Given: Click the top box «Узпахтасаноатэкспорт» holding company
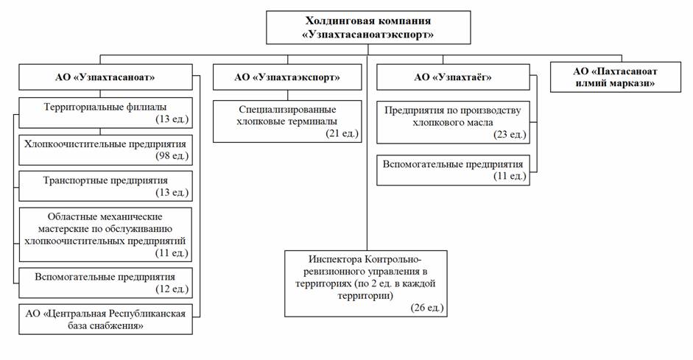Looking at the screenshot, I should [x=367, y=27].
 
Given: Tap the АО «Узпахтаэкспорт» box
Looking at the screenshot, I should [x=287, y=77].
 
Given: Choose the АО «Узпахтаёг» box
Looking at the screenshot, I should [x=452, y=77].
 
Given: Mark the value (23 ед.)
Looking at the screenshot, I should [x=508, y=135].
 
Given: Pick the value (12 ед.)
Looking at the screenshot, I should [x=174, y=289].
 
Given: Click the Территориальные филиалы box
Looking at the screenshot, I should [x=106, y=111].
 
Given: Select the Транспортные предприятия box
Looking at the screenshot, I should [x=106, y=186].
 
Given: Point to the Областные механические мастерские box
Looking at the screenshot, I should [x=106, y=234].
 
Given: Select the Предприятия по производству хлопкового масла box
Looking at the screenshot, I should [x=453, y=121].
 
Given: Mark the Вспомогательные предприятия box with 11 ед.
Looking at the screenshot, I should [x=453, y=170].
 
